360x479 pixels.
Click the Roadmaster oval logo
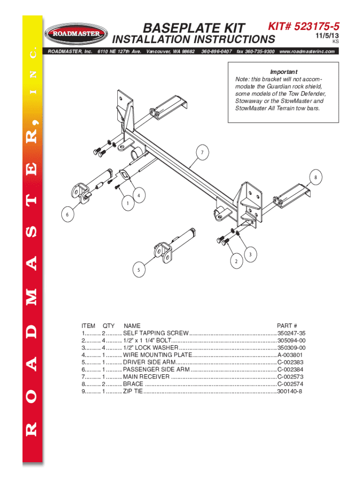pos(76,34)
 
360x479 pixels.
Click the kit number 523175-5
pos(317,26)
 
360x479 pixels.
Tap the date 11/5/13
pos(327,36)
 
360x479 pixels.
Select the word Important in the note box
pos(284,72)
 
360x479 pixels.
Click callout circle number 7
pos(202,152)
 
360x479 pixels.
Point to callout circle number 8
pos(316,177)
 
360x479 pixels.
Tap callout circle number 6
pos(67,214)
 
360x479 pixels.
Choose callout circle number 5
pos(139,270)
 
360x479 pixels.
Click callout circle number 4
pos(139,195)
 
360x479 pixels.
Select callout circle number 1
pos(128,203)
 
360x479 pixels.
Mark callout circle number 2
pos(236,261)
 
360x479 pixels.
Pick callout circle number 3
pos(251,254)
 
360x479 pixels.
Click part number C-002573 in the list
pos(290,377)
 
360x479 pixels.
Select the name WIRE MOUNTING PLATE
pos(158,355)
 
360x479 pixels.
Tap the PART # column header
pos(287,326)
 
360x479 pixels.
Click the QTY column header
pos(108,326)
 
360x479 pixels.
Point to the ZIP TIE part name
pos(133,392)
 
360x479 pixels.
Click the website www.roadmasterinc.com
pos(307,51)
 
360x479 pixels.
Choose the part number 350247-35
pos(291,333)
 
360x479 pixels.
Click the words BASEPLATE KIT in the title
pos(194,28)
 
